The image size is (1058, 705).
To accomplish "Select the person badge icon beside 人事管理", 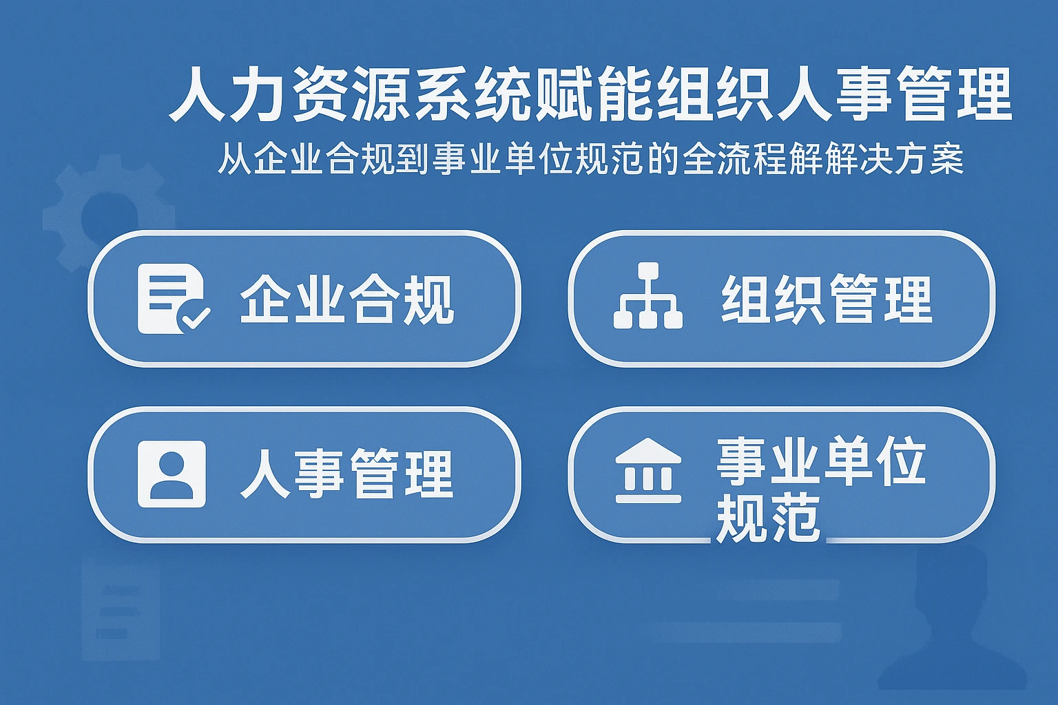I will (172, 474).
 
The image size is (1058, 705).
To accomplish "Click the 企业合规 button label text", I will (346, 299).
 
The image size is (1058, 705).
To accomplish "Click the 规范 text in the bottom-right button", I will (768, 518).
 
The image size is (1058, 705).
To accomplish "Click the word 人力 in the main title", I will (227, 94).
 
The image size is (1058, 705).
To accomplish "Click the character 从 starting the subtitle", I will (234, 160).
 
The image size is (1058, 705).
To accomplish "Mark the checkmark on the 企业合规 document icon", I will (195, 317).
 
